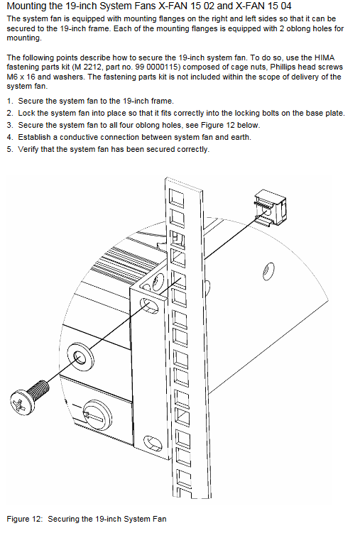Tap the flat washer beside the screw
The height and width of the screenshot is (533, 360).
coord(80,358)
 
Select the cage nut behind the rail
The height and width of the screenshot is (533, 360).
coord(271,207)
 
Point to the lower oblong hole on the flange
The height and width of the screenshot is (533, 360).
coord(153,442)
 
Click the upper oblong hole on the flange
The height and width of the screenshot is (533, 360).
coord(149,305)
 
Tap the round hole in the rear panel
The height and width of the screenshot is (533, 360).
coord(268,271)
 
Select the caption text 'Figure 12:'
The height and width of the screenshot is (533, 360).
coord(25,519)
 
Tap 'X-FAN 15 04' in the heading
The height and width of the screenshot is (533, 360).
coord(263,6)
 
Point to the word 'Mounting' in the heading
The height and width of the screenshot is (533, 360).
coord(26,6)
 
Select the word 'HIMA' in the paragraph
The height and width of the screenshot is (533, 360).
coord(324,57)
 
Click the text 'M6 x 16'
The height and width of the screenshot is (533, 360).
coord(21,77)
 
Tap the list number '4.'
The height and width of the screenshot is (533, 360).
coord(10,137)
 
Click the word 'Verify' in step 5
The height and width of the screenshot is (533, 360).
coord(28,149)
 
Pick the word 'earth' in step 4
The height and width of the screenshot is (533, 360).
coord(240,137)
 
